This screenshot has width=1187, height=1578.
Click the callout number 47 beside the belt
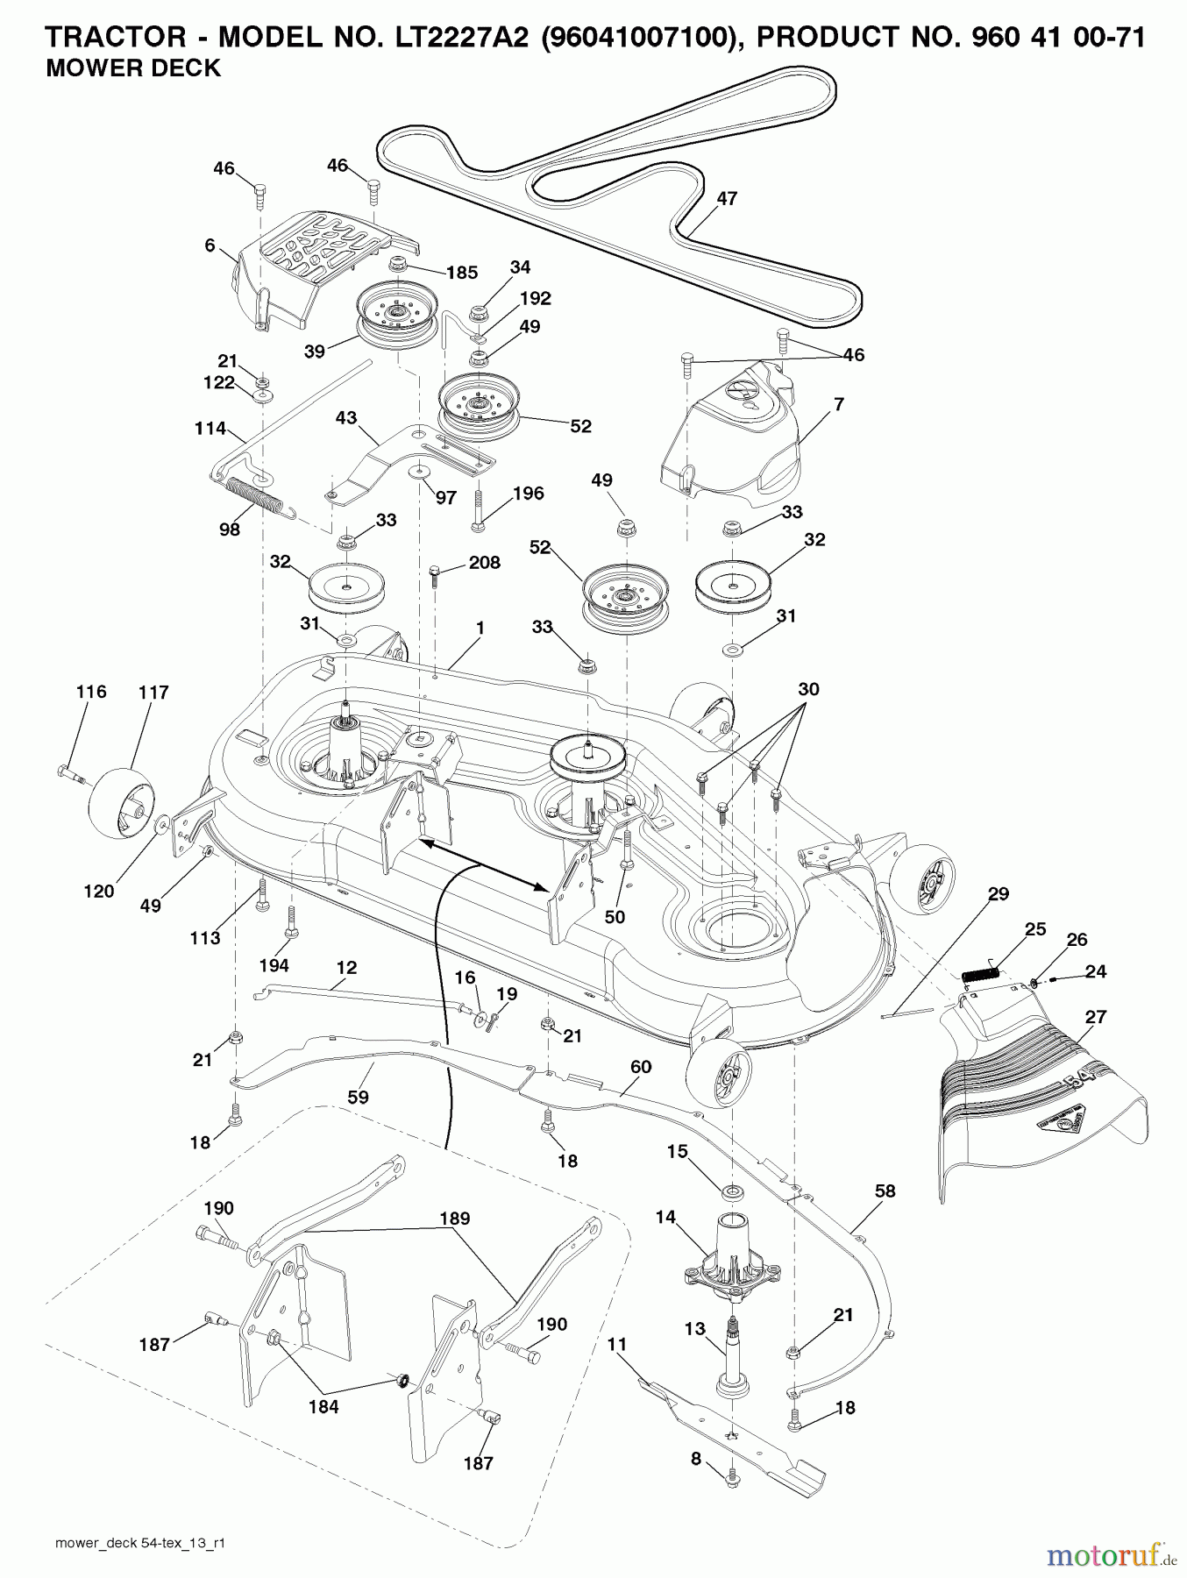(x=727, y=199)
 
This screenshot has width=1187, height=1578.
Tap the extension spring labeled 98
(x=254, y=495)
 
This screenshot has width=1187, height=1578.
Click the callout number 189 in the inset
(x=455, y=1219)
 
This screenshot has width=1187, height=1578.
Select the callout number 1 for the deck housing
(x=480, y=629)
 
